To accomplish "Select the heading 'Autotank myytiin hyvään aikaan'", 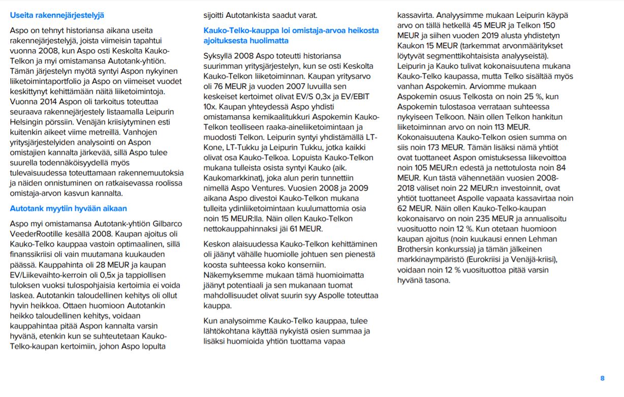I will point(69,208).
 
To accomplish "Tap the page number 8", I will point(602,378).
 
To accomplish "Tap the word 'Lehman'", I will point(541,239).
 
